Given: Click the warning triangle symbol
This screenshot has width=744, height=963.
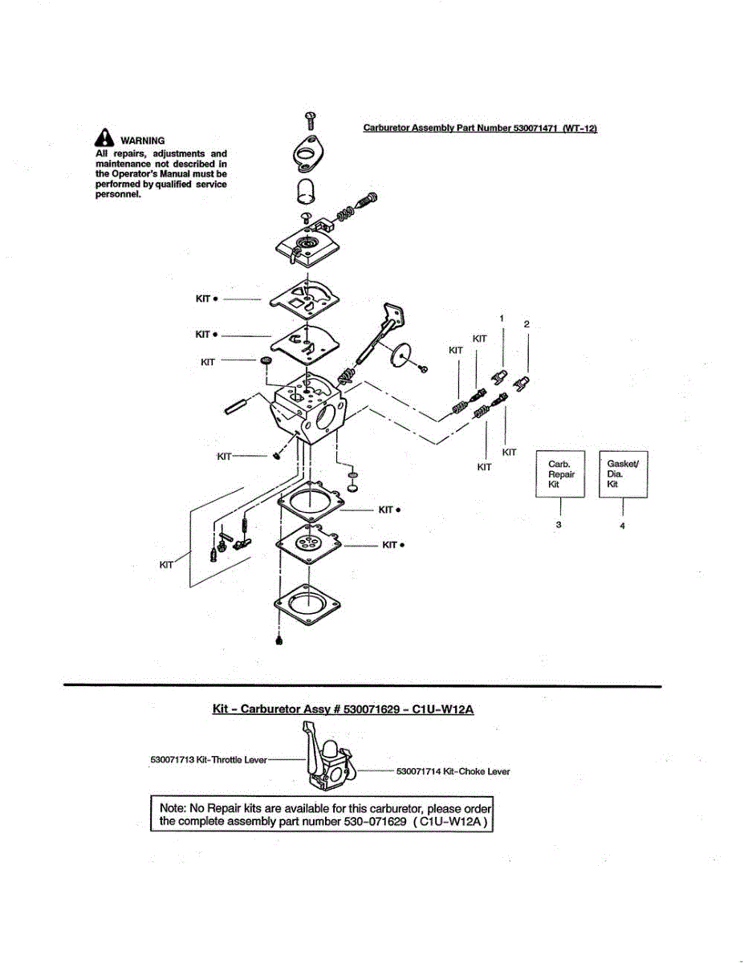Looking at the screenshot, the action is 105,138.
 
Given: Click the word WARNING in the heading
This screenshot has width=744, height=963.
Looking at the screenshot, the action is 142,140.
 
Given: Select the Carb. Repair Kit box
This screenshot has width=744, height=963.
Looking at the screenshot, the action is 561,474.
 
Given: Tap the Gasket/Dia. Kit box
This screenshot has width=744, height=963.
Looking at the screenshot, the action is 623,474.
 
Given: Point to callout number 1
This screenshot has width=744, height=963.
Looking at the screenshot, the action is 502,319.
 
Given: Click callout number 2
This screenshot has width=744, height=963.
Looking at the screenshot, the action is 526,324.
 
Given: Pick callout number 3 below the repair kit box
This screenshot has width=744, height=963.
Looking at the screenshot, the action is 559,525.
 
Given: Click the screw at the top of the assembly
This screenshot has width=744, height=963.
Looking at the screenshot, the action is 311,120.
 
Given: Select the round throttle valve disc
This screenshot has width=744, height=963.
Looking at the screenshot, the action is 403,353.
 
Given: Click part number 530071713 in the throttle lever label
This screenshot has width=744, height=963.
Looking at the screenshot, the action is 173,759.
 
